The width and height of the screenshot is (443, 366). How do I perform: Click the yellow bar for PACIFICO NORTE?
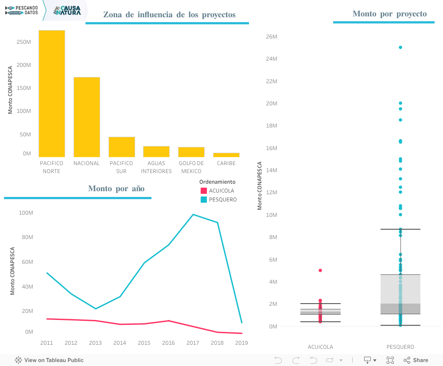pyautogui.click(x=52, y=93)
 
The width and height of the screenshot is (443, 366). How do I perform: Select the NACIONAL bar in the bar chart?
pyautogui.click(x=87, y=117)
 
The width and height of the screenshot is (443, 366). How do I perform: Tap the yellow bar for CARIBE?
pyautogui.click(x=226, y=155)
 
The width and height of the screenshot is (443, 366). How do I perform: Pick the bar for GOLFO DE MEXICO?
pyautogui.click(x=191, y=152)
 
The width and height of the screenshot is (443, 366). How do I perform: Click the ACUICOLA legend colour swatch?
pyautogui.click(x=204, y=191)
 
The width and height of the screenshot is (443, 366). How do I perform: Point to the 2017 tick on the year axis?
pyautogui.click(x=193, y=343)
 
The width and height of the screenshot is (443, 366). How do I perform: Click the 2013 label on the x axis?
pyautogui.click(x=95, y=343)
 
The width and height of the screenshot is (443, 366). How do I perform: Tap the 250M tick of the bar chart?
pyautogui.click(x=23, y=42)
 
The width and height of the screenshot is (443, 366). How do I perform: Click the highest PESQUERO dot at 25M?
pyautogui.click(x=400, y=47)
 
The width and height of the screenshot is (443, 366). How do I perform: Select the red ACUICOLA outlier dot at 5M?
pyautogui.click(x=320, y=270)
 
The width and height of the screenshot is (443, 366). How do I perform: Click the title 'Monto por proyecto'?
pyautogui.click(x=389, y=14)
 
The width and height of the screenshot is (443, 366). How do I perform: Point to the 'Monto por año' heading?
pyautogui.click(x=116, y=189)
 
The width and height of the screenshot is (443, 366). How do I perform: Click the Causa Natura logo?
pyautogui.click(x=67, y=10)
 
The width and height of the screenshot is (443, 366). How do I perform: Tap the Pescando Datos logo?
pyautogui.click(x=22, y=10)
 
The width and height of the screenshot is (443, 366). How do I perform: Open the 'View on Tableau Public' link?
pyautogui.click(x=49, y=360)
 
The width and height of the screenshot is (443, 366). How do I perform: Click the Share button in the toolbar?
pyautogui.click(x=416, y=360)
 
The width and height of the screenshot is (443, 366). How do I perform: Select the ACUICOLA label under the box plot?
pyautogui.click(x=320, y=347)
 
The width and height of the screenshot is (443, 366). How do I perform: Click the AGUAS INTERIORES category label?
pyautogui.click(x=156, y=167)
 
